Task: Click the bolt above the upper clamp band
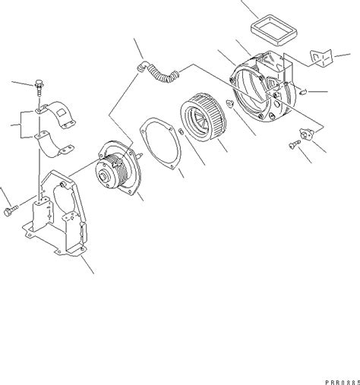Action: coord(39,87)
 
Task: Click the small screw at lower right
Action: coord(295,144)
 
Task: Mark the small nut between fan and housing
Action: coord(229,103)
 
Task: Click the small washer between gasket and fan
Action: coord(181,132)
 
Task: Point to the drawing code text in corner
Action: coord(343,382)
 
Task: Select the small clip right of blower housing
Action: coord(303,93)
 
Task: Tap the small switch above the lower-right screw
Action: coord(307,133)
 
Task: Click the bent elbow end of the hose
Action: coord(142,65)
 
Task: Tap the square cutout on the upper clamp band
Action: coord(61,113)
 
